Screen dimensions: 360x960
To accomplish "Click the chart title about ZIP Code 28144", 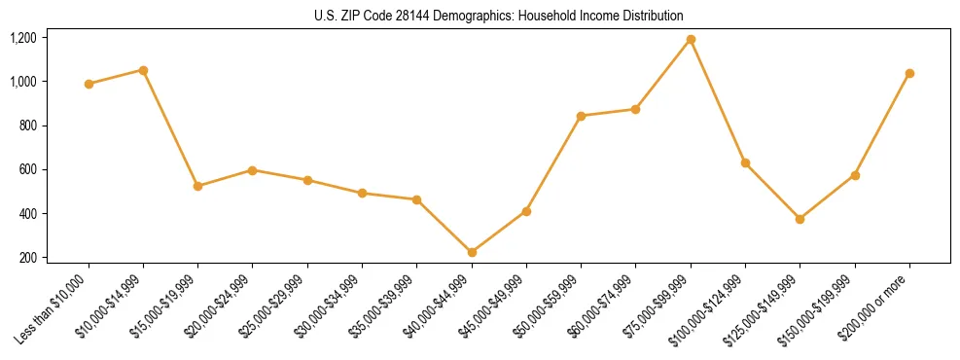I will pyautogui.click(x=499, y=17).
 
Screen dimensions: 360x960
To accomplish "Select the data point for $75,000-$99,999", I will pyautogui.click(x=691, y=40).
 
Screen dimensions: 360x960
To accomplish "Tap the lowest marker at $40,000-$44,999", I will pyautogui.click(x=472, y=252).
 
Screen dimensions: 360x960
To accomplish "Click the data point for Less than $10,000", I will pyautogui.click(x=89, y=84).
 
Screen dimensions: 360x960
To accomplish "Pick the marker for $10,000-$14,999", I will pyautogui.click(x=143, y=70).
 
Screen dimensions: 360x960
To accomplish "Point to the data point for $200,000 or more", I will pyautogui.click(x=909, y=73).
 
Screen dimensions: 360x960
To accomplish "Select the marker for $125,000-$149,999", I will pyautogui.click(x=800, y=219).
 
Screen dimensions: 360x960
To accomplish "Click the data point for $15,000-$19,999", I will pyautogui.click(x=198, y=186).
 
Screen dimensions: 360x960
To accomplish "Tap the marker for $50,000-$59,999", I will pyautogui.click(x=581, y=116).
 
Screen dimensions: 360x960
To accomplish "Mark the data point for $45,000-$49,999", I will pyautogui.click(x=526, y=211).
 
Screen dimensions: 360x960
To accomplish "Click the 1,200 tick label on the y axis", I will pyautogui.click(x=22, y=38).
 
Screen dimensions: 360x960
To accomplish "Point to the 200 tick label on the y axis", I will pyautogui.click(x=27, y=258).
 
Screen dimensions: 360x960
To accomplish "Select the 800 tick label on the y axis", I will pyautogui.click(x=27, y=126).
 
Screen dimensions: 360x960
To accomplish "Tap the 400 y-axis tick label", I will pyautogui.click(x=27, y=214).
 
